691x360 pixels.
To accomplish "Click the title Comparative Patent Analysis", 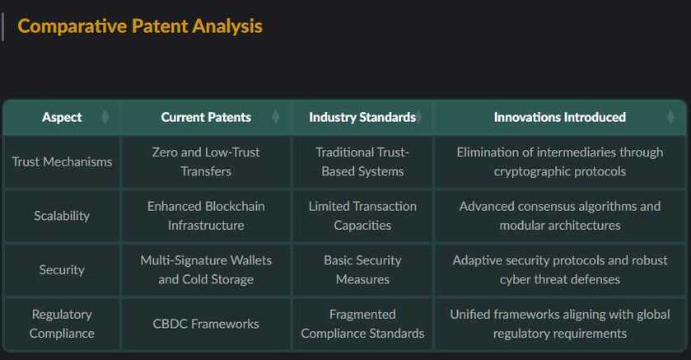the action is (140, 26).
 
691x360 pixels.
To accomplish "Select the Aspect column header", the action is (62, 117).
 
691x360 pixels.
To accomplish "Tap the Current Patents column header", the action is (206, 117).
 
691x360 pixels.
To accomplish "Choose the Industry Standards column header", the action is (362, 117).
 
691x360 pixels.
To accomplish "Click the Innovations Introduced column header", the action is (560, 117).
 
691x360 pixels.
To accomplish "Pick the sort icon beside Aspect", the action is (105, 117).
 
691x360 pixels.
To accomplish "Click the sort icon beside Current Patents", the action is (276, 117).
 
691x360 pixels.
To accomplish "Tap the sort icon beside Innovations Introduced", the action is (670, 117).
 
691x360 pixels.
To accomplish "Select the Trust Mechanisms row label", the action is (62, 161).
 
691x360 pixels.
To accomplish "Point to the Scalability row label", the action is (62, 216).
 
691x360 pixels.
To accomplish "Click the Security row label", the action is (62, 269).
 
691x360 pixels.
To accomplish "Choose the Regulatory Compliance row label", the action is (62, 324).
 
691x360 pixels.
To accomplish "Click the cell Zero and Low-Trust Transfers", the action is (206, 161).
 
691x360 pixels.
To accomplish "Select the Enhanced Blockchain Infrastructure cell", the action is (206, 216).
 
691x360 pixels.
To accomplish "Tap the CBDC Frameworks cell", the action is (206, 324).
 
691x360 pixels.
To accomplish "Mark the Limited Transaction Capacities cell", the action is (362, 216).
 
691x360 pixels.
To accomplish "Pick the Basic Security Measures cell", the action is (362, 269).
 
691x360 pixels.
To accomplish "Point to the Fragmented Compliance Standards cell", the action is (362, 324).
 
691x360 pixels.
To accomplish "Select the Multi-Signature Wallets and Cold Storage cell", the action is (206, 269).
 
